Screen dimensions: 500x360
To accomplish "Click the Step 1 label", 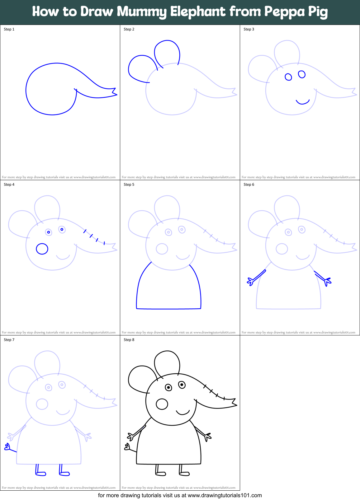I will (x=9, y=29).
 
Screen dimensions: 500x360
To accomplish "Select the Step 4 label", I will (x=9, y=185).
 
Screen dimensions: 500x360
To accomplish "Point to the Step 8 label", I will (x=129, y=340).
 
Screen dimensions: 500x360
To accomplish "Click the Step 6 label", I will (x=249, y=185).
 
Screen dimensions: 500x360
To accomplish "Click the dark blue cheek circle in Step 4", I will (x=42, y=249).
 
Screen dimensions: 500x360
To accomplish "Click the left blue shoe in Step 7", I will (x=40, y=473).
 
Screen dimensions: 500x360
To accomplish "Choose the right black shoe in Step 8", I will (x=184, y=473).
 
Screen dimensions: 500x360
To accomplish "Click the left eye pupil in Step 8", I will (x=168, y=387).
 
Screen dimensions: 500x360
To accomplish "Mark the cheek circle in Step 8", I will (x=162, y=404).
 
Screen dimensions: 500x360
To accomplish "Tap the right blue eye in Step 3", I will (x=302, y=74).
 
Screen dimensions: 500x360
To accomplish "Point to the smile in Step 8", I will (x=183, y=413).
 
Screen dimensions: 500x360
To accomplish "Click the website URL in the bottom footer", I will (x=225, y=495).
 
